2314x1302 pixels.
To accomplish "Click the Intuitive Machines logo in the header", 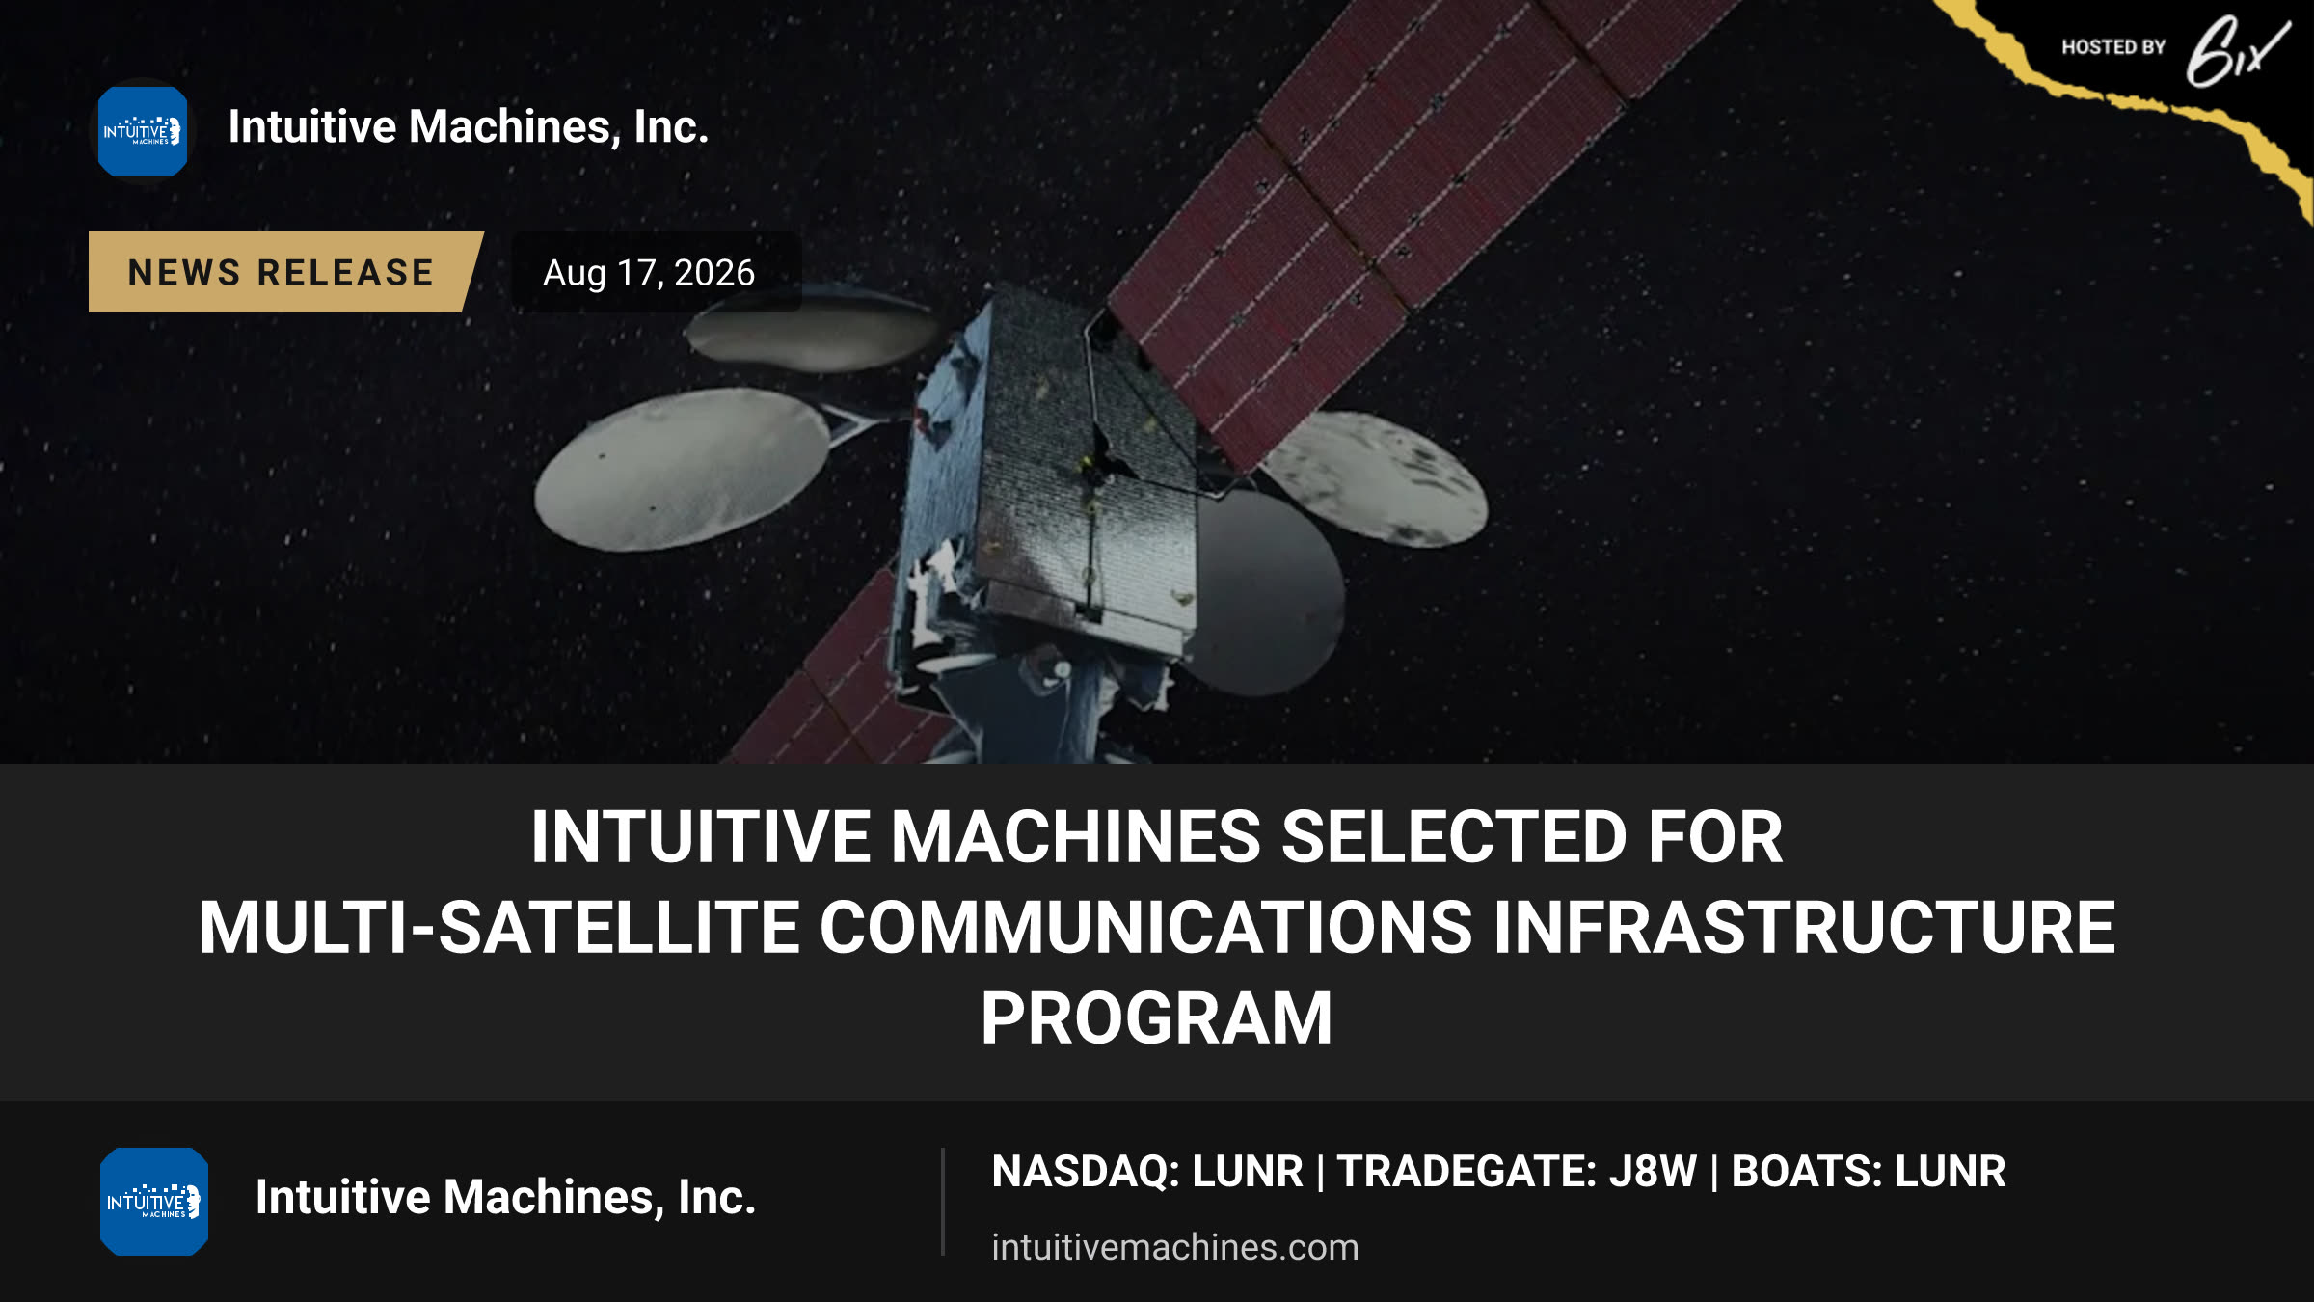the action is click(x=143, y=131).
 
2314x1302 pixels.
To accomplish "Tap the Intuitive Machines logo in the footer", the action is click(x=154, y=1201).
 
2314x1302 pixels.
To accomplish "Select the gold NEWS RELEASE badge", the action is click(x=285, y=272).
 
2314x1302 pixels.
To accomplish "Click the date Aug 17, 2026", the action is click(x=649, y=273).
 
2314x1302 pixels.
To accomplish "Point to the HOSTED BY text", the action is click(x=2113, y=47).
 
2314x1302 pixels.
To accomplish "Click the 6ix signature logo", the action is click(x=2237, y=52).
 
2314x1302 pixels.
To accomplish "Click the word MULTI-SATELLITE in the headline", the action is click(x=499, y=927).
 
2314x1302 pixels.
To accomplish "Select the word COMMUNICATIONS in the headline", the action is click(x=1145, y=927).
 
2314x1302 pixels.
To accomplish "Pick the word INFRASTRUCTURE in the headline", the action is click(x=1804, y=927).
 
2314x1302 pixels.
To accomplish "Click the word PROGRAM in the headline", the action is click(x=1157, y=1018).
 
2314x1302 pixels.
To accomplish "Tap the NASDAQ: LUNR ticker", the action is click(x=1147, y=1171).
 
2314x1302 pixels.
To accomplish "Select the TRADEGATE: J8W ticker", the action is click(x=1517, y=1171).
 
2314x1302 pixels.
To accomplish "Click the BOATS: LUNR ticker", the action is click(x=1869, y=1171).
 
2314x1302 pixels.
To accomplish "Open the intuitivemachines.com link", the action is click(x=1175, y=1247).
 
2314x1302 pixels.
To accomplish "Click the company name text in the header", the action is click(x=469, y=127).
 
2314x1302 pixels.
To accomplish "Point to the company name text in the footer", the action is click(x=505, y=1197).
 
